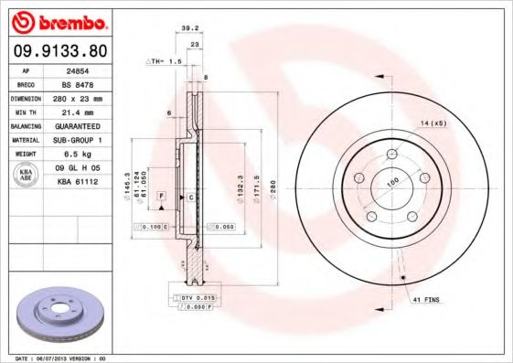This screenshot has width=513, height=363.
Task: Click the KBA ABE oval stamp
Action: point(27,176)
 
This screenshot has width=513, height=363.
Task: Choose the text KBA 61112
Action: point(79,182)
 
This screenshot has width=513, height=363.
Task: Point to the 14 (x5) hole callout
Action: point(433,122)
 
